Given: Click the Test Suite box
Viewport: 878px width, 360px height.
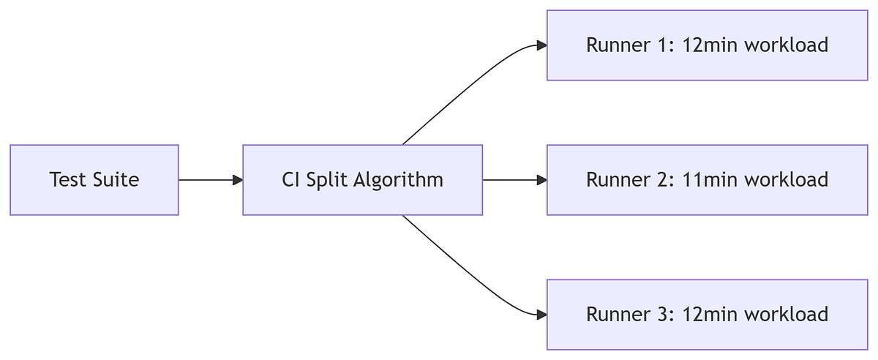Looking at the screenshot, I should coord(94,180).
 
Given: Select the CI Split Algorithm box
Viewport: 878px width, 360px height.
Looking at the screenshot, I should coord(362,180).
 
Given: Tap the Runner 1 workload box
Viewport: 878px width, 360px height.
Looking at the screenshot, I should coord(707,45).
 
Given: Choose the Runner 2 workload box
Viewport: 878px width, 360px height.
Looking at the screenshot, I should coord(707,180).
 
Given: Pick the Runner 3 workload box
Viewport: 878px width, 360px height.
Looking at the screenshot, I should coord(707,315).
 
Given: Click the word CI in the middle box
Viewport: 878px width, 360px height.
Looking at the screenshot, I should coord(290,180).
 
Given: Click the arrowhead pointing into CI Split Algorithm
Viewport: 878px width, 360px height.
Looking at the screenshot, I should coord(237,180).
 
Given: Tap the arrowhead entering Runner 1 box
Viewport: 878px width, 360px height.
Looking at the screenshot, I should coord(541,45).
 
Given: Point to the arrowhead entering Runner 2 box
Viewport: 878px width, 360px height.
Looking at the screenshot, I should coord(541,180).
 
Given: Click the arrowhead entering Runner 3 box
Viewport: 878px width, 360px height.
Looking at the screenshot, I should coord(541,315).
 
